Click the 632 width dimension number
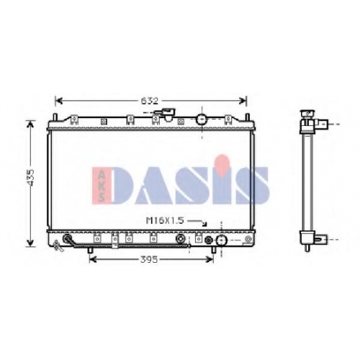coord(149,101)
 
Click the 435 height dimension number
coord(31,178)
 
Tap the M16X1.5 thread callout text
coord(165,220)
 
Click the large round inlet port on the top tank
coord(201,120)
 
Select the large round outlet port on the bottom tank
coord(221,240)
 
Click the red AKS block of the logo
coord(102,184)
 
